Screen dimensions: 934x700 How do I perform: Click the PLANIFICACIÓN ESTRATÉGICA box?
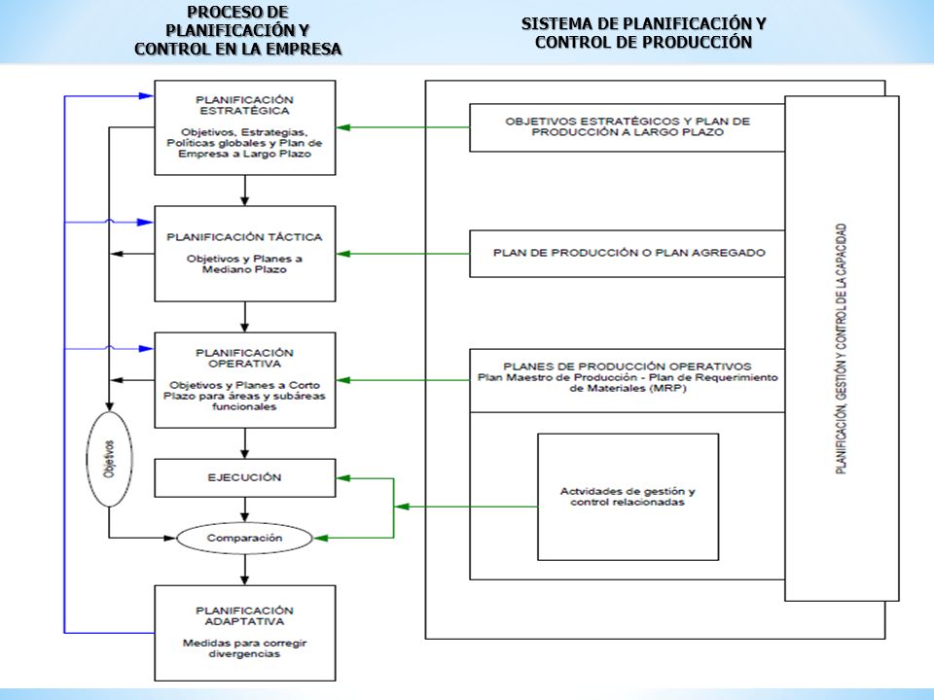[245, 127]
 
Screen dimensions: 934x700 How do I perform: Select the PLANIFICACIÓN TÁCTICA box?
[245, 254]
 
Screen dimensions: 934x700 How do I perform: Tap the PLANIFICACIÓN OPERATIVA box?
[245, 380]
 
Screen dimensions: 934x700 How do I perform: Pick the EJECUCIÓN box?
[245, 477]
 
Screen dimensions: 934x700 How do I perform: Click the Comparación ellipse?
[245, 538]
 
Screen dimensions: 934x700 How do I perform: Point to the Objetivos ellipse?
[110, 459]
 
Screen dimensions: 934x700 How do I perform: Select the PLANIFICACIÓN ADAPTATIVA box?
[245, 633]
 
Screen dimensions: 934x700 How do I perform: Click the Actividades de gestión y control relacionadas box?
[628, 497]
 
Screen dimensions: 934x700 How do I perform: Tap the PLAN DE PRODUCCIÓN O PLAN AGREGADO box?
[628, 254]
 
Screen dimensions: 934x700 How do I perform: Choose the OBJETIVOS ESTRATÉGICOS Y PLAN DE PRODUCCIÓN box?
[628, 127]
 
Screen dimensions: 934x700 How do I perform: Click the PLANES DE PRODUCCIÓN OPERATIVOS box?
[628, 380]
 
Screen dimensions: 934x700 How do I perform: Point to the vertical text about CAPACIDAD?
[841, 349]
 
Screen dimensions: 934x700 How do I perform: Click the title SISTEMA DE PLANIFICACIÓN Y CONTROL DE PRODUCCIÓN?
[643, 33]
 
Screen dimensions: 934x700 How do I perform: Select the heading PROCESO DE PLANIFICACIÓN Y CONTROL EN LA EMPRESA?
[237, 30]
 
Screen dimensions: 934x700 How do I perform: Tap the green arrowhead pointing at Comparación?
[321, 538]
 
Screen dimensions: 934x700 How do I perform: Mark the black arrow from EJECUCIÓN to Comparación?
[245, 509]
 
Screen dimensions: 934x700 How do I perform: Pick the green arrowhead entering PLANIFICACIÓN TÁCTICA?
[343, 254]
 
